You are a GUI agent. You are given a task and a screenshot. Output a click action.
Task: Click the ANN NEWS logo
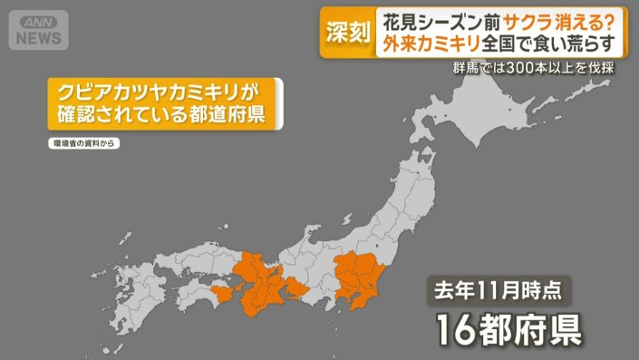[38, 30]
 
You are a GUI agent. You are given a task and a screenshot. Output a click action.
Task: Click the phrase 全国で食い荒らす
[555, 44]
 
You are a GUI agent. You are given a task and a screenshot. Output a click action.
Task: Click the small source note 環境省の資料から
[82, 143]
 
